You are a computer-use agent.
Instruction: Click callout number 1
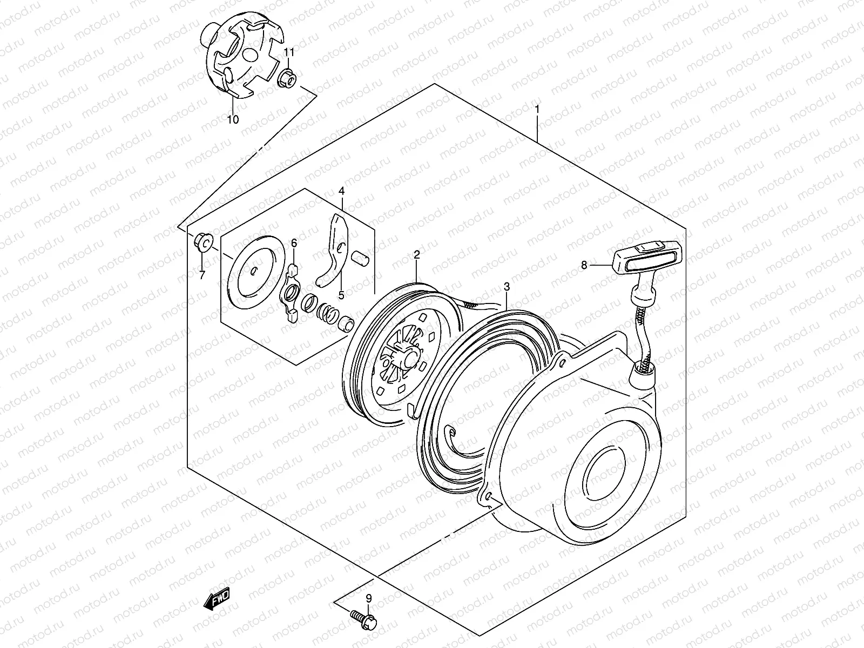537,110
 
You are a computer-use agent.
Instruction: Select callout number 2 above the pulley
417,254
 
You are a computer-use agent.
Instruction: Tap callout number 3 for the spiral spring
506,286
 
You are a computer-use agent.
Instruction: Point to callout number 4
341,191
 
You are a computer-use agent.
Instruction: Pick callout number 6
294,244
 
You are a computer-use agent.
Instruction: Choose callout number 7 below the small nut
202,276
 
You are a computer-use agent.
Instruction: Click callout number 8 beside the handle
584,265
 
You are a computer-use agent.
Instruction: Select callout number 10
233,120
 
